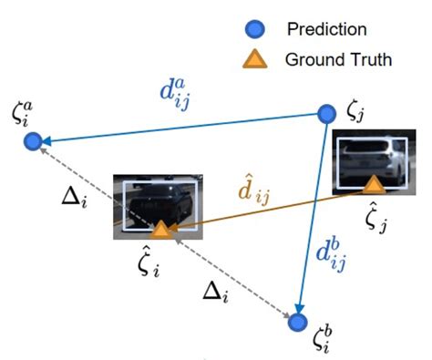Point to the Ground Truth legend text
click(338, 60)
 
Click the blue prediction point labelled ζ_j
click(327, 114)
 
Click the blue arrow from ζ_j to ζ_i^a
click(182, 128)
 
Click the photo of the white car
click(367, 161)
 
